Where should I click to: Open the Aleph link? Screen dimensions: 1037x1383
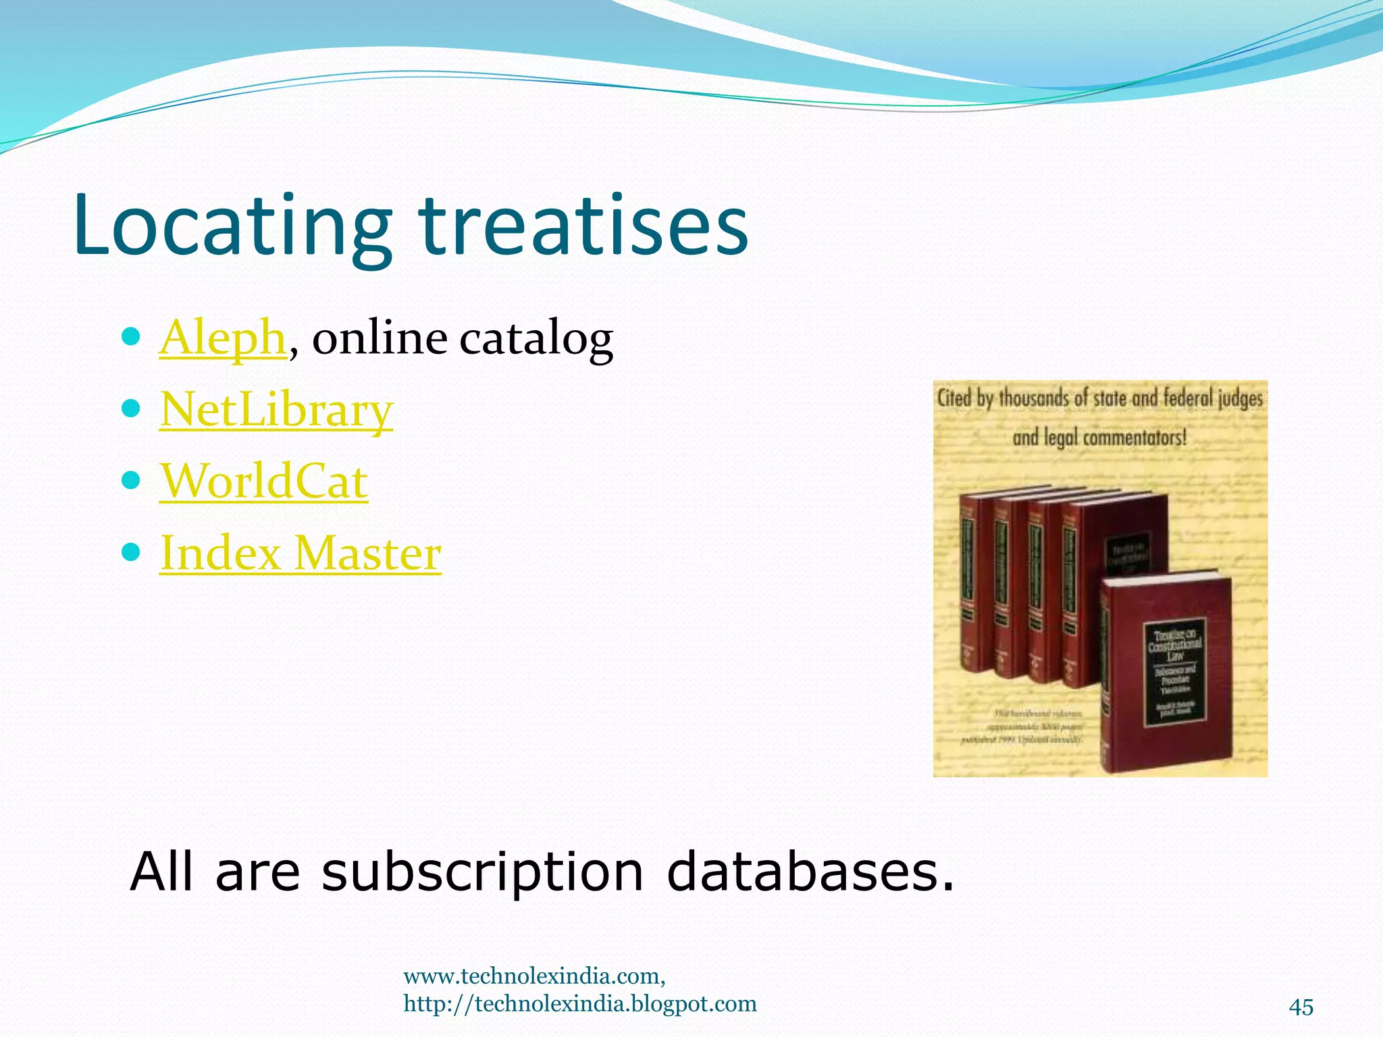(223, 337)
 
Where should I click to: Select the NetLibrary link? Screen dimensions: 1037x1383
(276, 410)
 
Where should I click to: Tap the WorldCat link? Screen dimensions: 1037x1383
(264, 481)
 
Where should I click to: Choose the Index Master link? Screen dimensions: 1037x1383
(301, 553)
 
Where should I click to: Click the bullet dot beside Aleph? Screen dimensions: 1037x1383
(132, 336)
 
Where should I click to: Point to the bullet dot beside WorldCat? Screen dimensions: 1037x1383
(132, 480)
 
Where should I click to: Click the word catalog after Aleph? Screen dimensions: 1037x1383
(536, 338)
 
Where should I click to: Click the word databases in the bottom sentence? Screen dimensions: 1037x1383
(810, 871)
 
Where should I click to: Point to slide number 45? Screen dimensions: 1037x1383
(1301, 1007)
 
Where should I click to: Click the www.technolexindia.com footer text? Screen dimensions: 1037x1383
(534, 976)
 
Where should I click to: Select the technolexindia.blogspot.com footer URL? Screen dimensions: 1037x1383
(580, 1004)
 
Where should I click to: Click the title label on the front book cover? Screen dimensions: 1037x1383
(1174, 671)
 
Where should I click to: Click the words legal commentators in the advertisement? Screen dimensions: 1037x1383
(1114, 437)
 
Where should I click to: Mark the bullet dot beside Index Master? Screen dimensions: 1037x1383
(132, 552)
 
